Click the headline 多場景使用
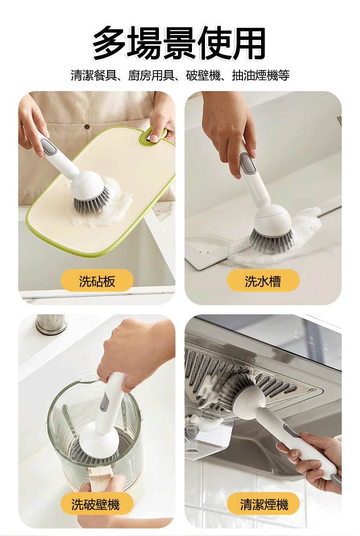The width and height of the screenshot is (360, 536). coord(179,43)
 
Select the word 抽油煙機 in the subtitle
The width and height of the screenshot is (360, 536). coord(255,75)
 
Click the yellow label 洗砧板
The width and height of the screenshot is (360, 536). coord(97,281)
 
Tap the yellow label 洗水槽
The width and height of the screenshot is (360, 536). coord(263,281)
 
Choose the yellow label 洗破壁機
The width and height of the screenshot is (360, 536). coord(97,504)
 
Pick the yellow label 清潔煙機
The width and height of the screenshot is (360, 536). coord(263,504)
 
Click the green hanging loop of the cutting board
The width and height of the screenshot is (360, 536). coord(154,134)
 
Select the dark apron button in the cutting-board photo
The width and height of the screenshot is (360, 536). coord(87,127)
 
